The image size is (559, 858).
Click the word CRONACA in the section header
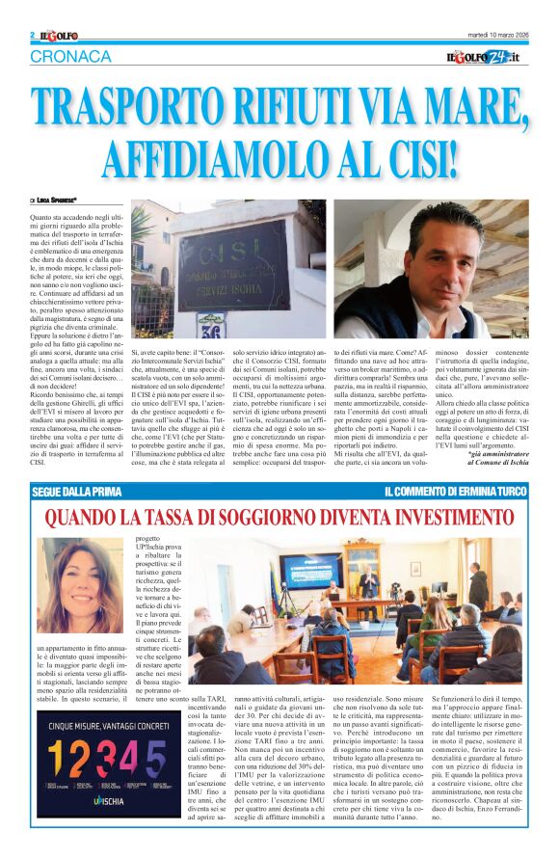(x=69, y=56)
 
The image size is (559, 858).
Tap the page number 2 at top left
(x=32, y=35)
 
